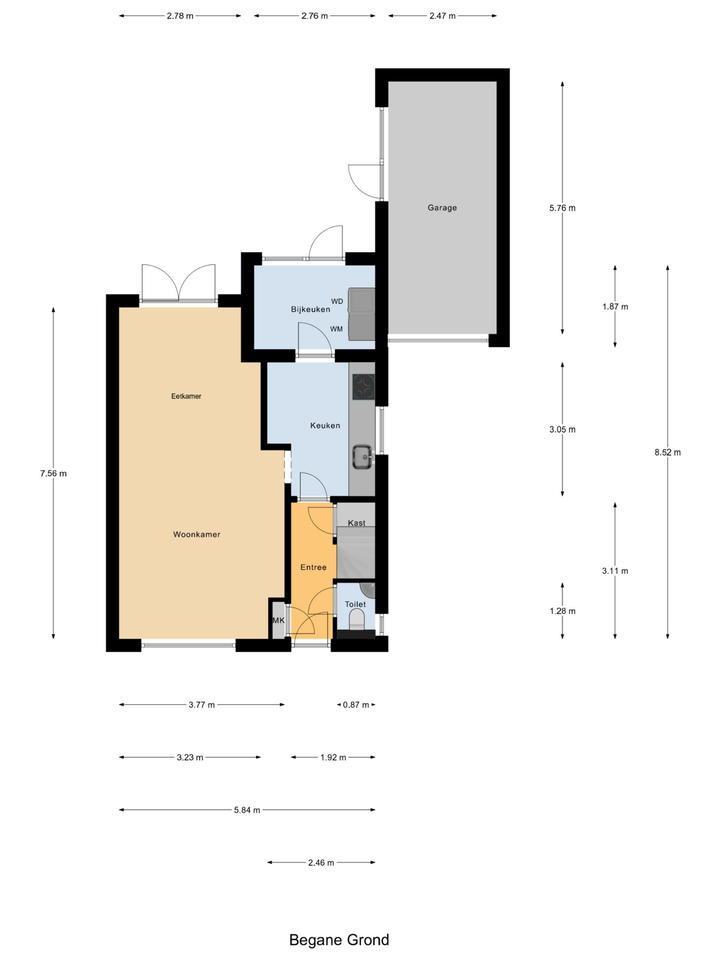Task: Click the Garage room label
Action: click(442, 208)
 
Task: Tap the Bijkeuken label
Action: click(310, 309)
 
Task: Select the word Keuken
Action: click(325, 425)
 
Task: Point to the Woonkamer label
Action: click(197, 535)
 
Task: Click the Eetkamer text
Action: click(186, 396)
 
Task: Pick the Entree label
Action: click(313, 567)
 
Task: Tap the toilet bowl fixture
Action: click(357, 619)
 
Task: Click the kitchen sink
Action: click(363, 456)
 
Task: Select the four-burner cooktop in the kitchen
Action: click(364, 387)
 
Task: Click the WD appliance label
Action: click(337, 301)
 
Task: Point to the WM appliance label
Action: click(336, 329)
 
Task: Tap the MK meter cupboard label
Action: click(279, 621)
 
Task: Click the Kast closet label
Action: click(356, 523)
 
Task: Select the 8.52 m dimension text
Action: click(668, 452)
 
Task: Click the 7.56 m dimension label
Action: click(53, 473)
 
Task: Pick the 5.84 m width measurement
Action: click(247, 810)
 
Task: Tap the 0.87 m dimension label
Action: click(356, 705)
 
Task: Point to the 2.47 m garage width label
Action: click(442, 16)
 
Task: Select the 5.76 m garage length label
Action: click(563, 208)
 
